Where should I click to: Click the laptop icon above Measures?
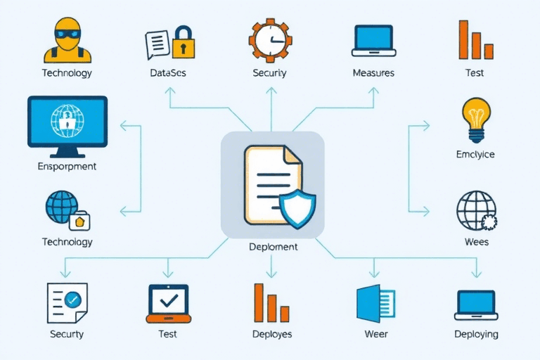[x=373, y=41]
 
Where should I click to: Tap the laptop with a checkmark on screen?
[x=169, y=302]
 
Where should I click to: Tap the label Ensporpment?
[x=67, y=167]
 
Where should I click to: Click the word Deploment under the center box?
[x=274, y=247]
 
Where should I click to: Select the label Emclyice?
[x=476, y=154]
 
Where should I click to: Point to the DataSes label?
[x=169, y=73]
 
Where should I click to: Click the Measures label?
[x=373, y=73]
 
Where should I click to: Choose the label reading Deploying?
[x=476, y=334]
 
